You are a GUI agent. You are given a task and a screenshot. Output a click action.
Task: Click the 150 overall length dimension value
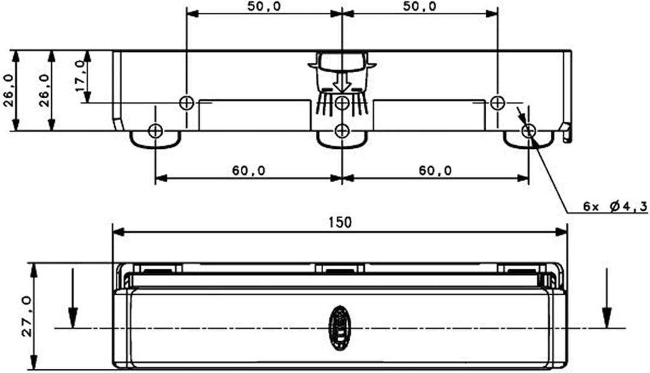[x=340, y=222]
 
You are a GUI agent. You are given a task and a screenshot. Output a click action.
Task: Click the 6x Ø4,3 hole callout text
[x=614, y=207]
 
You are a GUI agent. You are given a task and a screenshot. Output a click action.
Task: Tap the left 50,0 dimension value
[x=263, y=7]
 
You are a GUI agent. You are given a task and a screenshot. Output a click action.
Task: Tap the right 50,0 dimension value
[x=419, y=7]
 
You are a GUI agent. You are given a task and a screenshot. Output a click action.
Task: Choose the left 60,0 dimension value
[x=249, y=171]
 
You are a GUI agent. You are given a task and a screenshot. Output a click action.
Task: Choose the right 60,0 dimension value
[x=435, y=171]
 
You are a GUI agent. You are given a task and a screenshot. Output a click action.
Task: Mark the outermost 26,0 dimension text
[x=8, y=90]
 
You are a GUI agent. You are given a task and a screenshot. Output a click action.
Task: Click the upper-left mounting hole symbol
[x=187, y=103]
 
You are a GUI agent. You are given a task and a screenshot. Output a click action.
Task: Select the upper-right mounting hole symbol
[x=497, y=102]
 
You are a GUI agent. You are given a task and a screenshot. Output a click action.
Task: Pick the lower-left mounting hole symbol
[x=155, y=130]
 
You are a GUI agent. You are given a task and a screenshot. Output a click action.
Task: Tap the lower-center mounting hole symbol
[x=342, y=130]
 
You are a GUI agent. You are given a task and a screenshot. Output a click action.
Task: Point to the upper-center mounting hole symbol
[x=342, y=103]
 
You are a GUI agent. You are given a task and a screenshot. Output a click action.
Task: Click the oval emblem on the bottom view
[x=340, y=328]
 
